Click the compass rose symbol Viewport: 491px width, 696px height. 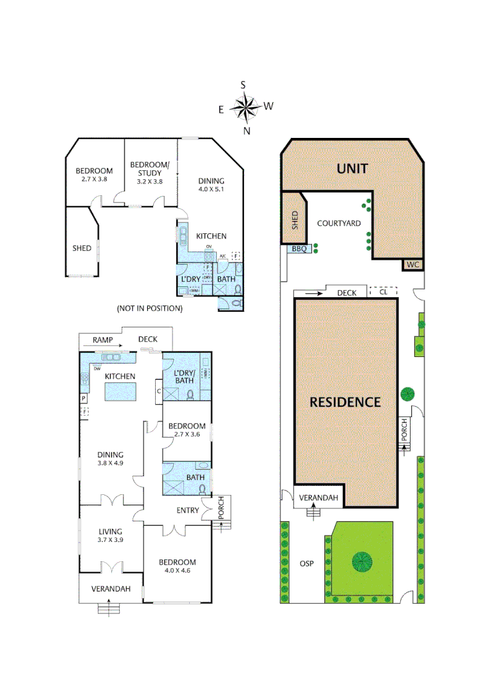[245, 108]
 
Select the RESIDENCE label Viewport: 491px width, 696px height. [345, 402]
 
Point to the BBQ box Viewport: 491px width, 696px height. [299, 248]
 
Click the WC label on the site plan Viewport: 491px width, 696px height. [412, 264]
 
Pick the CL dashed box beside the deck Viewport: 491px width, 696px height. [384, 292]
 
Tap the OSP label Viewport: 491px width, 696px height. [307, 563]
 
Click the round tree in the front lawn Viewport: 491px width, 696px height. [362, 561]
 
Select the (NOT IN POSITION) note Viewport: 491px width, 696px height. [150, 309]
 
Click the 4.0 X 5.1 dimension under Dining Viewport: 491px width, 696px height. [211, 189]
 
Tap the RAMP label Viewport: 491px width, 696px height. [102, 339]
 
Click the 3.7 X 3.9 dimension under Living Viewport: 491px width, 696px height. [110, 539]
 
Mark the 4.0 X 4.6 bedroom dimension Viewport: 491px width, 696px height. [177, 570]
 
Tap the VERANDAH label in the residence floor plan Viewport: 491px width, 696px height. [111, 588]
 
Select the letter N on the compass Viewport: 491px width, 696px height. [246, 131]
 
